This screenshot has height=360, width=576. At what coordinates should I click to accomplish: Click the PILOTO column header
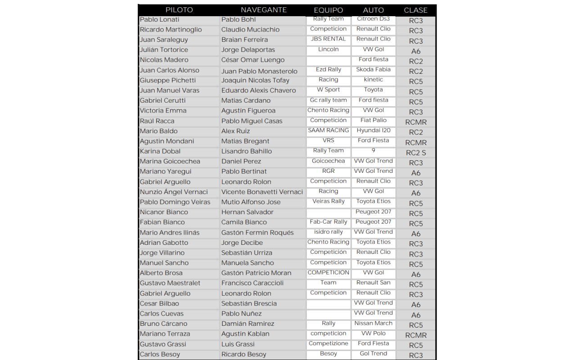point(179,10)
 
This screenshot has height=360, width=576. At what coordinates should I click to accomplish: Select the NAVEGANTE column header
point(264,10)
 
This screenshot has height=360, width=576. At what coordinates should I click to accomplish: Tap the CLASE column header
point(415,10)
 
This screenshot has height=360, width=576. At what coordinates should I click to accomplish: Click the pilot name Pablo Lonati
point(160,19)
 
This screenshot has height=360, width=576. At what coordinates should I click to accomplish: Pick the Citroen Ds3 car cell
point(373,19)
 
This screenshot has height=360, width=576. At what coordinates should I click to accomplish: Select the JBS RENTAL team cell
point(328,39)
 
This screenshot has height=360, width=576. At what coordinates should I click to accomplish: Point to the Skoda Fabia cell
point(373,70)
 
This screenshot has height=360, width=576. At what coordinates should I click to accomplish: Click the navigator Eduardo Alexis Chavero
point(259,90)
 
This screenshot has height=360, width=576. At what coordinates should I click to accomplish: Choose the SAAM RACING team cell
point(328,130)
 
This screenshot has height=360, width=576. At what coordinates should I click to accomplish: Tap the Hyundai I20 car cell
point(373,130)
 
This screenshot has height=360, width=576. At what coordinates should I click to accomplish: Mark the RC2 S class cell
point(416,153)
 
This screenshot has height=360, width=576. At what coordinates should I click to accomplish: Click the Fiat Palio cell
point(373,121)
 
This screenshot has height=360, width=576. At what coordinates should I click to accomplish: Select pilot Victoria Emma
point(163,111)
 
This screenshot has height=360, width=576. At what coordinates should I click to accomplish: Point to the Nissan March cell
point(373,323)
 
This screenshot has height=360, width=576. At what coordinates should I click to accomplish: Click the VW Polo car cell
point(373,333)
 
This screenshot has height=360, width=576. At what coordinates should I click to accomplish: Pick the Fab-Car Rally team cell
point(328,222)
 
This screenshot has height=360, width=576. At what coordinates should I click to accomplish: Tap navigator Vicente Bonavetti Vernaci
point(262,192)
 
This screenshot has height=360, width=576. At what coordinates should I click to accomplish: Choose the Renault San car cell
point(373,283)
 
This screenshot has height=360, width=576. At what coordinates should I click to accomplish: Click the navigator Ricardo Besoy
point(244,354)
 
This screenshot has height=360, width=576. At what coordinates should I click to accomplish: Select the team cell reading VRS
point(328,140)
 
